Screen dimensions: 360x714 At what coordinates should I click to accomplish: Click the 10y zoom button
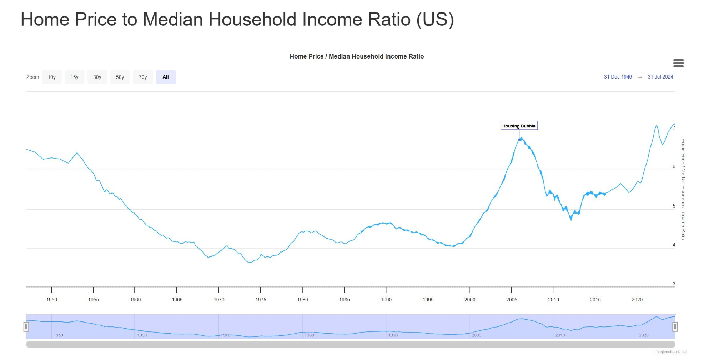(52, 77)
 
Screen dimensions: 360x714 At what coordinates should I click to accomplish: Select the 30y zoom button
(97, 77)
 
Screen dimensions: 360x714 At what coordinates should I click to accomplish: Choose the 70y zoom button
(143, 77)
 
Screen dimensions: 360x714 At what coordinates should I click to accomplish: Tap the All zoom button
(166, 77)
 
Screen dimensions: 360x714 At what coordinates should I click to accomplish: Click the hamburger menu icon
(678, 63)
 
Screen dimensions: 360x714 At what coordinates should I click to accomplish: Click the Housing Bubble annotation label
(519, 126)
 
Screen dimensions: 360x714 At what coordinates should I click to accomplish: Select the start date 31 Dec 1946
(618, 77)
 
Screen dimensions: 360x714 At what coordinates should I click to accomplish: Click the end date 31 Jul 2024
(660, 77)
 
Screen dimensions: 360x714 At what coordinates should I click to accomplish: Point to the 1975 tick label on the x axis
(261, 300)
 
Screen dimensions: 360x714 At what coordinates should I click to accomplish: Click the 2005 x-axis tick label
(512, 300)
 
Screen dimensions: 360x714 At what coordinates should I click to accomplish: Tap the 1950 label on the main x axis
(52, 300)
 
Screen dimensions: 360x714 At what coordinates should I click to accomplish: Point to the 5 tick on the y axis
(674, 206)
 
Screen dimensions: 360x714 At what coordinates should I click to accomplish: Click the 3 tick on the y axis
(674, 284)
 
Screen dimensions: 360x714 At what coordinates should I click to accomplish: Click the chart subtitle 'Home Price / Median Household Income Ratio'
(357, 56)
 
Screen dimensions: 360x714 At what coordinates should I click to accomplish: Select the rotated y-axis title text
(683, 189)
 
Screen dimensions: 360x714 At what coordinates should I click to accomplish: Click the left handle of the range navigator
(26, 327)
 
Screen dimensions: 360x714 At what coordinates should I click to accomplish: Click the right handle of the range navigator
(675, 327)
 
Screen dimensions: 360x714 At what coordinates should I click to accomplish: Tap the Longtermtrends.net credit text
(670, 352)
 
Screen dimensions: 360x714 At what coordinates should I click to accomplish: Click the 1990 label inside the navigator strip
(393, 335)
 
